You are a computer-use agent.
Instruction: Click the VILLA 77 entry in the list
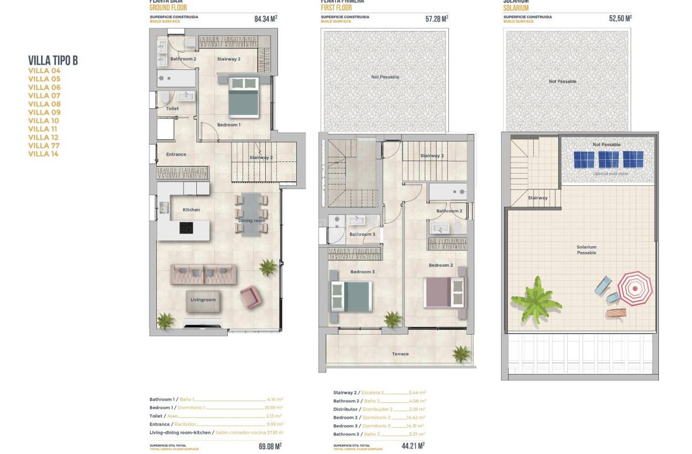click(44, 146)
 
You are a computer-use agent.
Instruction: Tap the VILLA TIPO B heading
click(53, 60)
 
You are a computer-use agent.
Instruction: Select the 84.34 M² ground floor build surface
click(265, 19)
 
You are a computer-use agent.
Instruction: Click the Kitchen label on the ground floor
click(191, 210)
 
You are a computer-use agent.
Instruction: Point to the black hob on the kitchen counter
click(186, 228)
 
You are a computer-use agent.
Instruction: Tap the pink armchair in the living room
click(250, 297)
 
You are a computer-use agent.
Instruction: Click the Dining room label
click(252, 221)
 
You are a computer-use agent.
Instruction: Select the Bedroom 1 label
click(228, 125)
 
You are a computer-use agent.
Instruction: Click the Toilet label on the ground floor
click(172, 109)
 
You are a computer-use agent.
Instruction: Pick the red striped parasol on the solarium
click(635, 288)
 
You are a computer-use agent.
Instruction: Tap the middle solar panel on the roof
click(608, 159)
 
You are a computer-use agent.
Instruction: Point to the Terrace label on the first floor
click(400, 354)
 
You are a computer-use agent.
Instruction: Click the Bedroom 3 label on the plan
click(363, 272)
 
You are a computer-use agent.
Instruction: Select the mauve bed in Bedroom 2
click(444, 292)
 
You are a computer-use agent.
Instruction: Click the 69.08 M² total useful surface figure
click(270, 446)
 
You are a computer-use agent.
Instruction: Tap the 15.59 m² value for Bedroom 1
click(273, 408)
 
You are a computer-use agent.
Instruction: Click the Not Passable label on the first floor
click(385, 77)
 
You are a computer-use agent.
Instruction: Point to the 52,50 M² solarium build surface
click(620, 18)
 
